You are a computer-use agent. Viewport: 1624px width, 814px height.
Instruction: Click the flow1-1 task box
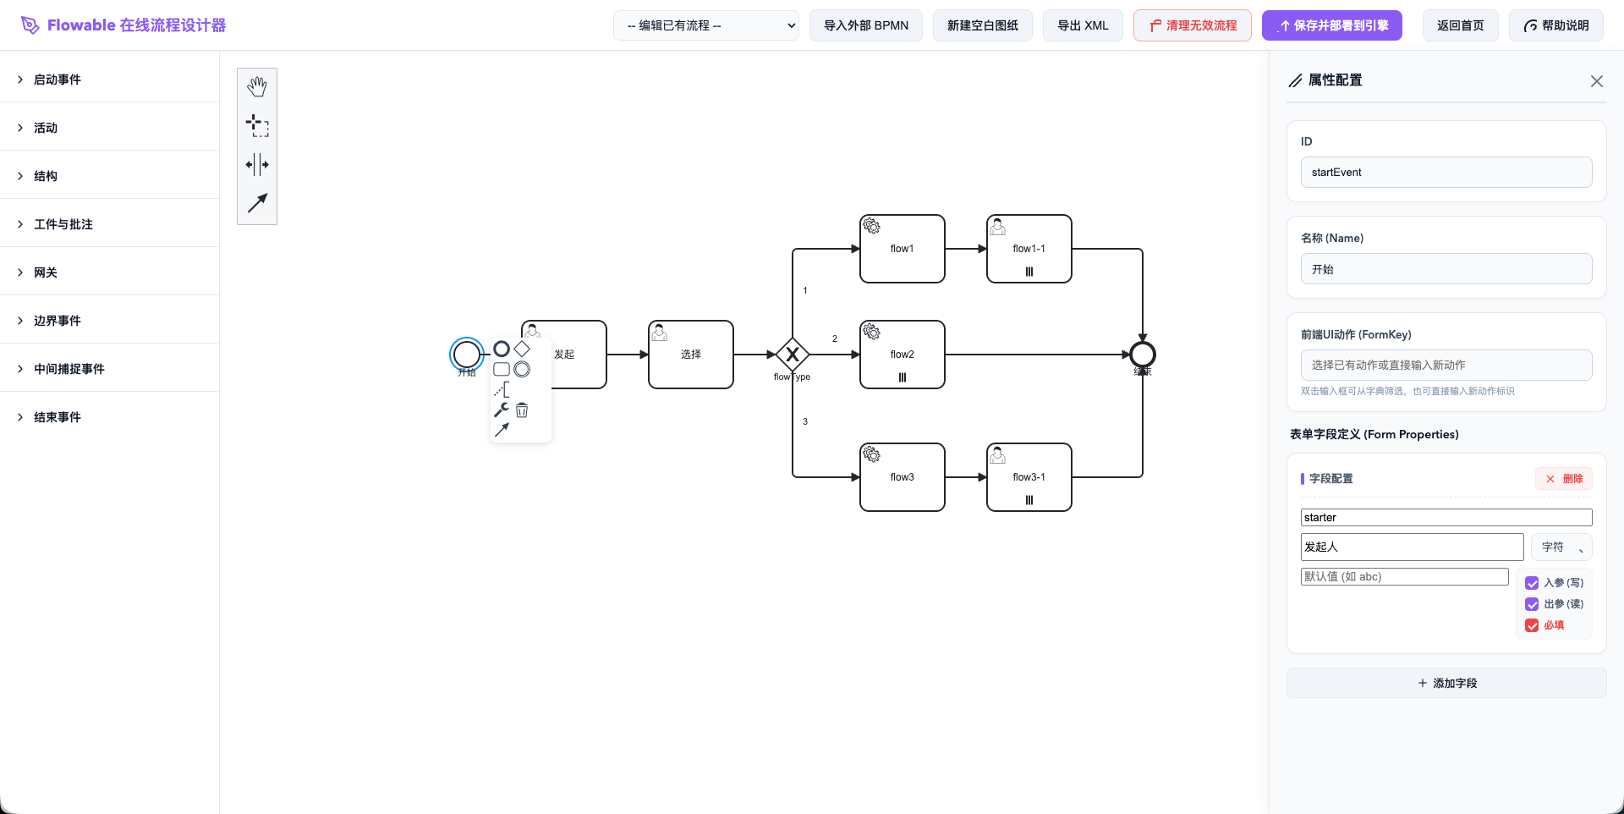tap(1029, 249)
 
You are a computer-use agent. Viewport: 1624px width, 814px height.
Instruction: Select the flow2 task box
tap(902, 355)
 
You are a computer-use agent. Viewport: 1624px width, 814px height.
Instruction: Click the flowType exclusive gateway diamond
tap(793, 355)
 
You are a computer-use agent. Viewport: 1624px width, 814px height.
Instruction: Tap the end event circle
tap(1143, 355)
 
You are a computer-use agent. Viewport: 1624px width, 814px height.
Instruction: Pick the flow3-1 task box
tap(1029, 477)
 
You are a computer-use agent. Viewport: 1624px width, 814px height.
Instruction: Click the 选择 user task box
tap(690, 355)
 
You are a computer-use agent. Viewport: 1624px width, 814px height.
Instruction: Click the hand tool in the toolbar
tap(257, 87)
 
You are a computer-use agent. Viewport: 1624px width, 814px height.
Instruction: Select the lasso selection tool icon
tap(257, 126)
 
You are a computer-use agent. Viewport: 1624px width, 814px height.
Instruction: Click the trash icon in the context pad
tap(522, 410)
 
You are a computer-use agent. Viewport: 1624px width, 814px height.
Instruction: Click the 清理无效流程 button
tap(1192, 25)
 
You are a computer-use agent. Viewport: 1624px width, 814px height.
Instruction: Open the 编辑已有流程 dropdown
tap(705, 25)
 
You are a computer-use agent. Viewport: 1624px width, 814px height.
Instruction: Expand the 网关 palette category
tap(46, 272)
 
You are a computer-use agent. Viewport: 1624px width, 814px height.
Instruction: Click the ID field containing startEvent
tap(1446, 173)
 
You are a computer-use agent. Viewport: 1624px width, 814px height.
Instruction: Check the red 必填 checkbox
tap(1532, 625)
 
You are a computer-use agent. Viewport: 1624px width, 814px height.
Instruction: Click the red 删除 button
tap(1563, 479)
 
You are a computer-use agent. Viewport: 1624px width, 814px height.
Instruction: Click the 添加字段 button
tap(1446, 683)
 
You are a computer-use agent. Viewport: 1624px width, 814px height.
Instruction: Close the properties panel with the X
tap(1596, 81)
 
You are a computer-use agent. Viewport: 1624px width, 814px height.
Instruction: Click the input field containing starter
tap(1446, 518)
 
